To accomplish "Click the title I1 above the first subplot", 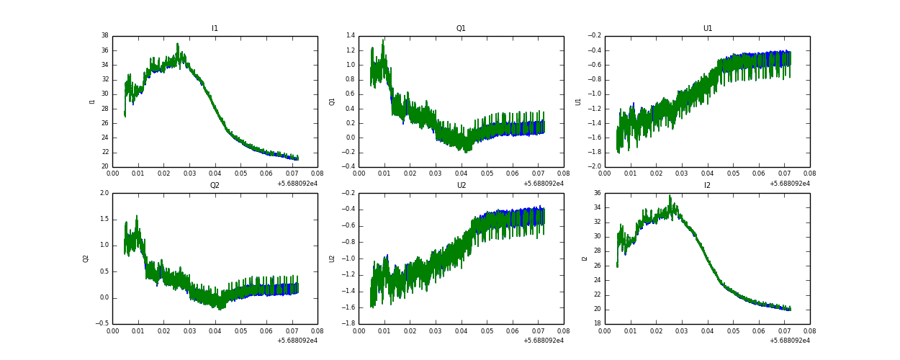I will [x=215, y=29].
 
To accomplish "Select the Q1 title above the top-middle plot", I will [x=461, y=29].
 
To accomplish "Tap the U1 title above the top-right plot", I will [x=707, y=29].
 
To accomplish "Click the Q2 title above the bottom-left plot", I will [x=215, y=185].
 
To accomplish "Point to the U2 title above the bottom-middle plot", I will [x=461, y=185].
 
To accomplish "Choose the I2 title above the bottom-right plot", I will [x=707, y=185].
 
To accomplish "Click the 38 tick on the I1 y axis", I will [x=104, y=35].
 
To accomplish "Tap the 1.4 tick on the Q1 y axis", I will [x=350, y=35].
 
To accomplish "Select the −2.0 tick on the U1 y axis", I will [x=594, y=166].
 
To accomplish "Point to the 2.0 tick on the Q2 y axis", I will [x=104, y=193].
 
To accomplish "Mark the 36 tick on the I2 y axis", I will [x=597, y=193].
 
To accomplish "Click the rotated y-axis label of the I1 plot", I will [x=92, y=101].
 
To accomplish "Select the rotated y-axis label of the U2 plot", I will [x=332, y=258].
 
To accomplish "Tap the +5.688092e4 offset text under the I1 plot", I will [x=297, y=184].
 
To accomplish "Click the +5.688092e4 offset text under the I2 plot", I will [x=789, y=341].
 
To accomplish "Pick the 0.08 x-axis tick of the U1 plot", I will [x=809, y=174].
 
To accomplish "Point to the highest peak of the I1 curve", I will [x=177, y=44].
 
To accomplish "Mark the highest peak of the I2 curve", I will [x=670, y=196].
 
